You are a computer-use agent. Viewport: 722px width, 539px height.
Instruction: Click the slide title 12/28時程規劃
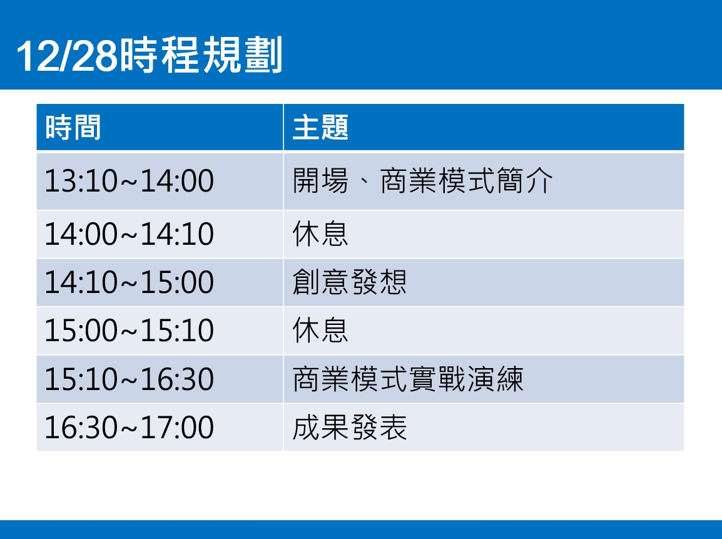click(149, 55)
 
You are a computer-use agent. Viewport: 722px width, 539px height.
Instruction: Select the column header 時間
click(73, 127)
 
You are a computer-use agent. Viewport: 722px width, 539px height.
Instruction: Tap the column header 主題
click(320, 127)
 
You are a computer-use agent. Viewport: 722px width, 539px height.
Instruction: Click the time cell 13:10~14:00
click(130, 180)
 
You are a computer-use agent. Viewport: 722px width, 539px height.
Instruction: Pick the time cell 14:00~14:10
click(130, 234)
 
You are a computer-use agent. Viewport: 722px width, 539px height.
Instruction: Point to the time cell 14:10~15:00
click(130, 282)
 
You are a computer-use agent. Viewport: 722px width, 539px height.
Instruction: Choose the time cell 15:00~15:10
click(130, 331)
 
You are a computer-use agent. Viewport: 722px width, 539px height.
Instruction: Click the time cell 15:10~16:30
click(130, 379)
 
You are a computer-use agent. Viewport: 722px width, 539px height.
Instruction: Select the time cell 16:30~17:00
click(130, 428)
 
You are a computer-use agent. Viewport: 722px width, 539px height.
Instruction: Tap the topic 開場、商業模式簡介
click(423, 180)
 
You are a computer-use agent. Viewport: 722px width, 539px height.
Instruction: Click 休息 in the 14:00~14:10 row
click(320, 234)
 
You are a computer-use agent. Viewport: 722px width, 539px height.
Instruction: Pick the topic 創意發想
click(350, 282)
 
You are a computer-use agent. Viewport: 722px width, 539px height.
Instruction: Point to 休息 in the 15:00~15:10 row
click(320, 330)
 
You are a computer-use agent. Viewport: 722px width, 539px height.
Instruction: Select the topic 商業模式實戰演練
click(409, 379)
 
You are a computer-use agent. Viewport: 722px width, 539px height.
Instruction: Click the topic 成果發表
click(350, 427)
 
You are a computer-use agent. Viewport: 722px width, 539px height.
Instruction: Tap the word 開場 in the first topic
click(320, 180)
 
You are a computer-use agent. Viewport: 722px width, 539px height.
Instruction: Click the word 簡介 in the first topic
click(524, 180)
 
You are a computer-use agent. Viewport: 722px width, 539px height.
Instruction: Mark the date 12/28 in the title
click(67, 56)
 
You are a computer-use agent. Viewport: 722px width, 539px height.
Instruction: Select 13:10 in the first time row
click(81, 180)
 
